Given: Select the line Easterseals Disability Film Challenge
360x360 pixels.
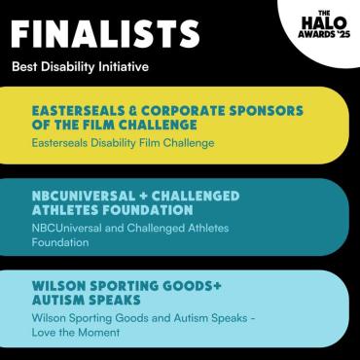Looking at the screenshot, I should tap(123, 143).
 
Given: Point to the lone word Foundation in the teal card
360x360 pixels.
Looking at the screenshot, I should tap(59, 243).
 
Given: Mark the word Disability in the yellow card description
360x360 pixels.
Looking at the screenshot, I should tap(126, 143).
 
